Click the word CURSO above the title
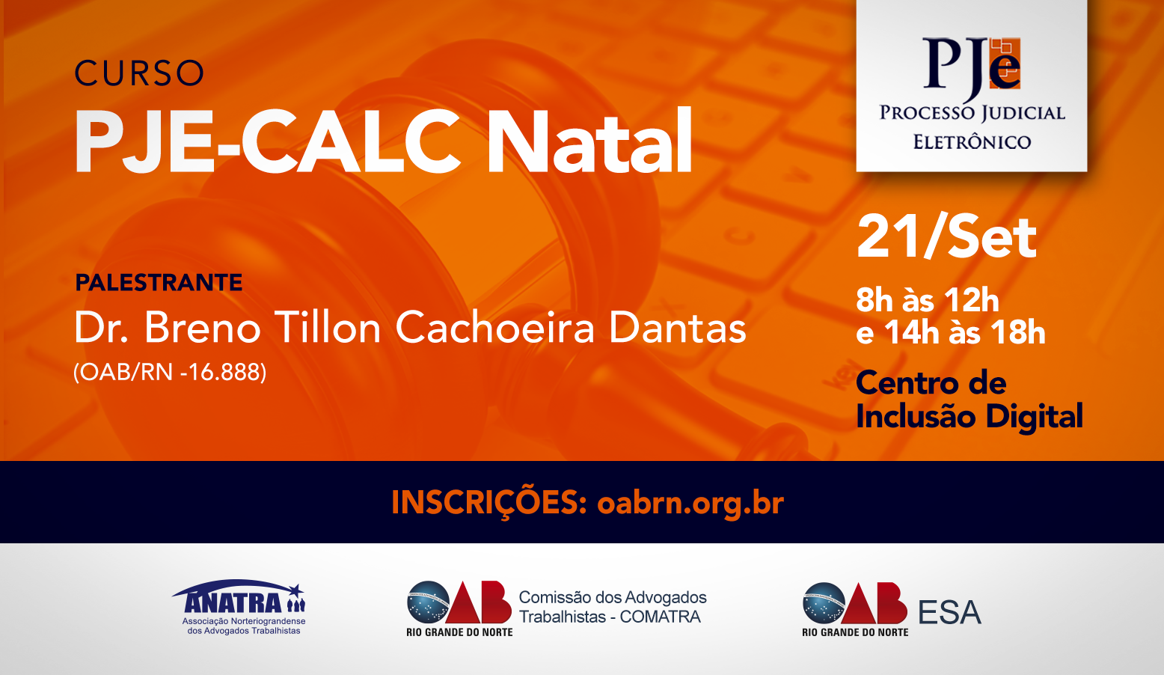click(x=139, y=73)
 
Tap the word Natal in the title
click(x=589, y=141)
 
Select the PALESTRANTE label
click(x=159, y=283)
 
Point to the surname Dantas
click(x=677, y=327)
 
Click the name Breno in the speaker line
click(x=202, y=327)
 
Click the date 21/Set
click(x=946, y=237)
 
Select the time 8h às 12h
click(x=928, y=300)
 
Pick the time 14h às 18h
click(x=965, y=332)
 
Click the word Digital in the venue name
click(x=1034, y=417)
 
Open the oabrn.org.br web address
click(x=690, y=503)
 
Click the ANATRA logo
click(x=239, y=607)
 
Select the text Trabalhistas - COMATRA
click(x=610, y=617)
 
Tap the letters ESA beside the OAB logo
click(x=949, y=613)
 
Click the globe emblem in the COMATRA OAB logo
click(x=428, y=602)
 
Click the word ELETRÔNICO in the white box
click(x=972, y=142)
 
